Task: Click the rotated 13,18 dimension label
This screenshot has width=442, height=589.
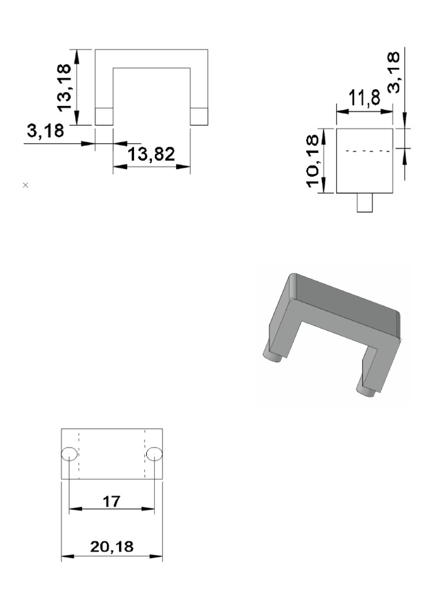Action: (x=65, y=87)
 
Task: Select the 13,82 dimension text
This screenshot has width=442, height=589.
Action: (x=151, y=154)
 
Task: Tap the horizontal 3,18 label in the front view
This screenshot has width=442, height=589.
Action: (x=46, y=132)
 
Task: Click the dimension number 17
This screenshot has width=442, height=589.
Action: (x=111, y=501)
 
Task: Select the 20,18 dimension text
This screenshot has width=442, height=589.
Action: (x=112, y=547)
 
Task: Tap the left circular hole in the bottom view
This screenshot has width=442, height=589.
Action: (x=68, y=454)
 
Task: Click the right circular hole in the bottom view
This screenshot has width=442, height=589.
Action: (x=154, y=454)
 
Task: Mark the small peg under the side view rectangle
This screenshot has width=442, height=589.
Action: (x=364, y=203)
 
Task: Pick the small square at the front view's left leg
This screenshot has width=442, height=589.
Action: (x=104, y=116)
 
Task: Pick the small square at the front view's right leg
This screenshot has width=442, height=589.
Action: (x=199, y=116)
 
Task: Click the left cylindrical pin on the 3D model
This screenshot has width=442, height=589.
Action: (x=273, y=352)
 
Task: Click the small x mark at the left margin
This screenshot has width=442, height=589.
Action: (x=25, y=185)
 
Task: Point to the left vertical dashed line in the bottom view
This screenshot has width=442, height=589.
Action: (x=79, y=454)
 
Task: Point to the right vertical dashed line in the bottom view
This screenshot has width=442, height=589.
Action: (x=144, y=454)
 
